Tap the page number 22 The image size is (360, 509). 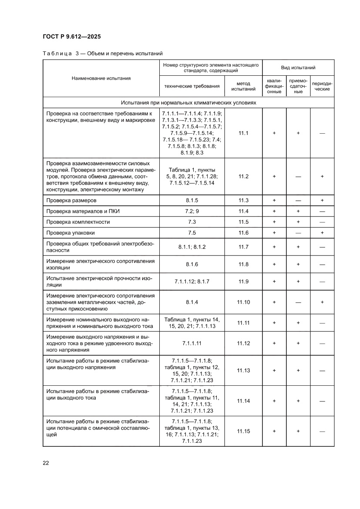pos(46,463)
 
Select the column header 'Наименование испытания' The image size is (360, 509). pos(101,78)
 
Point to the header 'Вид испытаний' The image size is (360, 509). pos(298,68)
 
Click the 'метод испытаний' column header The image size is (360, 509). pos(243,86)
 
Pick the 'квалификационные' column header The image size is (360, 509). pos(274,86)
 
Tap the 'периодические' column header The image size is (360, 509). pos(322,86)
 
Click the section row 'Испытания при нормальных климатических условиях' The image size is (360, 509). pos(188,103)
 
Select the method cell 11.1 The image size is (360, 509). pos(243,133)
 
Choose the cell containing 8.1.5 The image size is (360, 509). pos(192,200)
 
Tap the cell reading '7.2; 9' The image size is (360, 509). pos(192,211)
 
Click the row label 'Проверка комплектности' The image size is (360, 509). pos(78,222)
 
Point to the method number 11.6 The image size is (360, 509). pos(243,233)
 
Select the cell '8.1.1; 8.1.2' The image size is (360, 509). pos(192,247)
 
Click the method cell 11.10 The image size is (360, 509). pos(243,302)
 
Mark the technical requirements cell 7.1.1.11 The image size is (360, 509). pos(192,343)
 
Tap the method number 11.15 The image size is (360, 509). pos(243,431)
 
